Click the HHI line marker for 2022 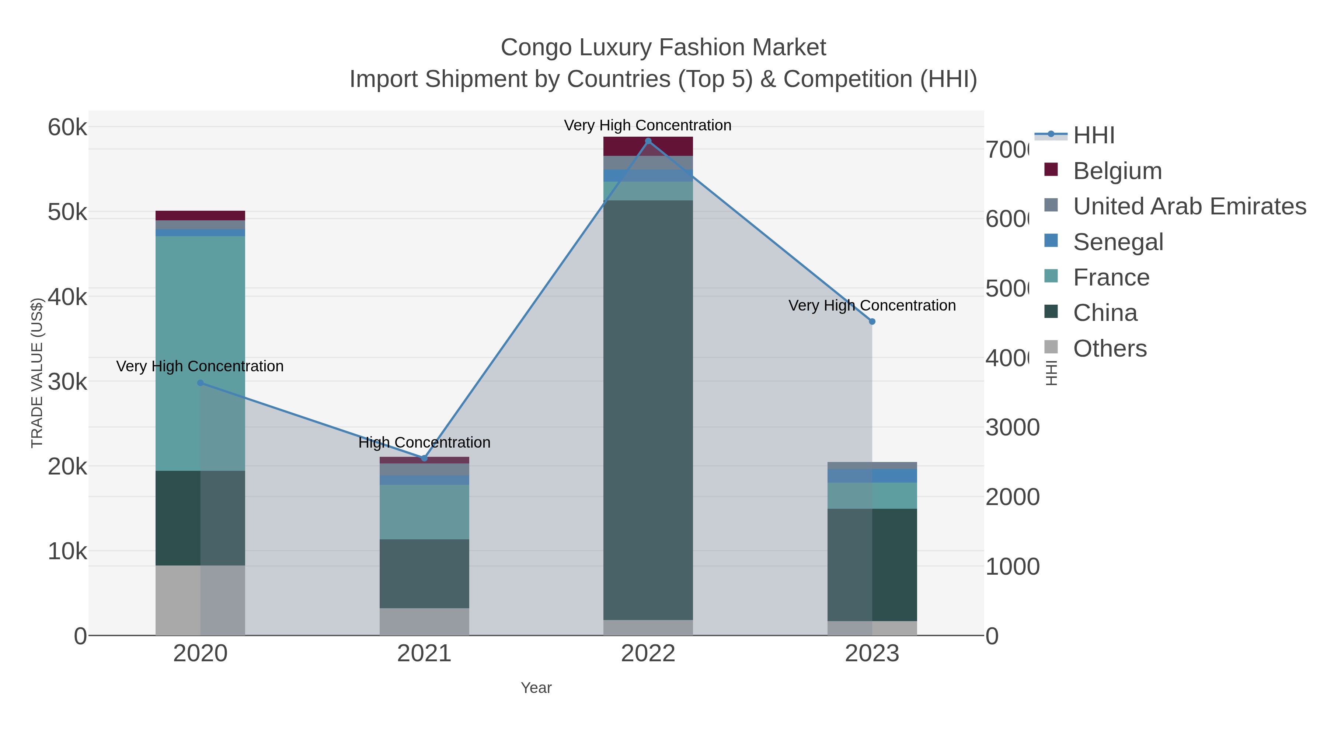(648, 141)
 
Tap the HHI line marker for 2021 (425, 458)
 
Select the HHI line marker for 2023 (872, 322)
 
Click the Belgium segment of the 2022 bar (648, 147)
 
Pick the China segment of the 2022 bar (648, 410)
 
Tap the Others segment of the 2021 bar (425, 622)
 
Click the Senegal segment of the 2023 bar (872, 476)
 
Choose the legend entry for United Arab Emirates (1189, 206)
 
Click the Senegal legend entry (1118, 242)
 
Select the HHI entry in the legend (1093, 136)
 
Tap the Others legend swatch (1051, 347)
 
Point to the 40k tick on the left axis (67, 297)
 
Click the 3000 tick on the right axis (1012, 427)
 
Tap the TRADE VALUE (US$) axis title (37, 373)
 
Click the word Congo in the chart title (536, 48)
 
